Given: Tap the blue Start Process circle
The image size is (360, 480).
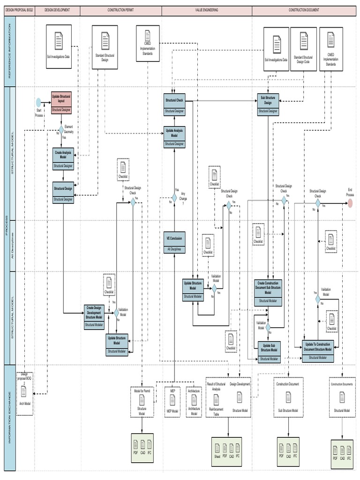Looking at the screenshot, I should tap(39, 102).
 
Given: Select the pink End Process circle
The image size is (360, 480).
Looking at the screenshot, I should tap(350, 202).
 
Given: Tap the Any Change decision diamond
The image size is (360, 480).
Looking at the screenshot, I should tap(174, 198).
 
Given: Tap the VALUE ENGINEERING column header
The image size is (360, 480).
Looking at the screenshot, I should tap(207, 10).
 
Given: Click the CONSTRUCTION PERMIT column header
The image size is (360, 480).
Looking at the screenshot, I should tap(120, 10).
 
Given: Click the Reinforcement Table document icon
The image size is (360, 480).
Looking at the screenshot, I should tap(217, 399).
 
